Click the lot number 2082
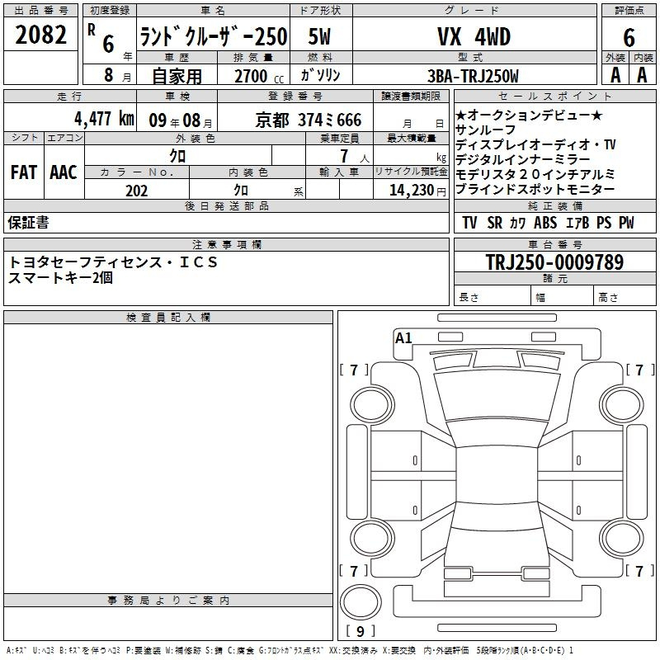[40, 35]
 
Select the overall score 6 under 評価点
[629, 38]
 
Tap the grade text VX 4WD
[474, 36]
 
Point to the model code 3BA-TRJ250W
[473, 76]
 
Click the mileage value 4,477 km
[105, 119]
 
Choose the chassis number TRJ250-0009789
[554, 262]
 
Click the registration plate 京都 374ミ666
[309, 120]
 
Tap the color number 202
[136, 191]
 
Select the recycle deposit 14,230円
[417, 191]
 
